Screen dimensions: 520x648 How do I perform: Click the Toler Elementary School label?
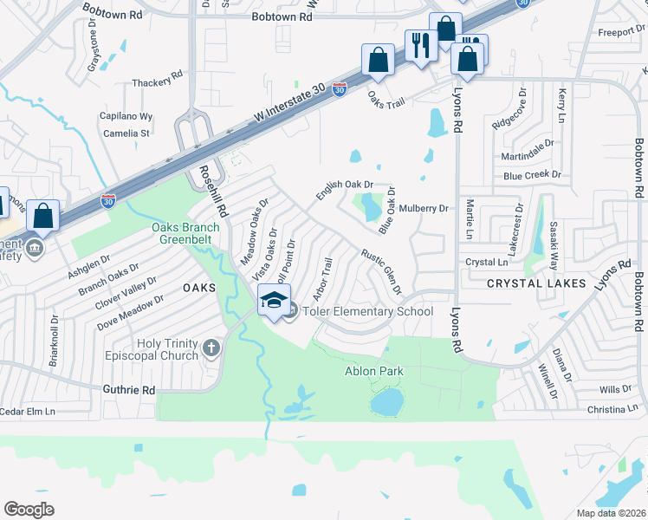click(x=367, y=312)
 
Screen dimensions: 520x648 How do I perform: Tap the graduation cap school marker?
click(x=274, y=301)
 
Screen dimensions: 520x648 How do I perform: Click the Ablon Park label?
click(x=374, y=372)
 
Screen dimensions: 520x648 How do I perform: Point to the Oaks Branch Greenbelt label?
click(x=185, y=235)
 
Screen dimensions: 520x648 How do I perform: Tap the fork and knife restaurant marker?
click(x=421, y=45)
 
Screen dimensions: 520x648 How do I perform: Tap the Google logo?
click(x=29, y=509)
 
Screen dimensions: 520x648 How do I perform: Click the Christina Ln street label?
click(x=617, y=409)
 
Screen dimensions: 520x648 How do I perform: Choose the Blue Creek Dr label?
click(x=532, y=175)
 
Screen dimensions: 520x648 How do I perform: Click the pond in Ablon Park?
click(x=387, y=401)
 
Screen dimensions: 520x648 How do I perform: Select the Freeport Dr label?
click(x=617, y=33)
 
